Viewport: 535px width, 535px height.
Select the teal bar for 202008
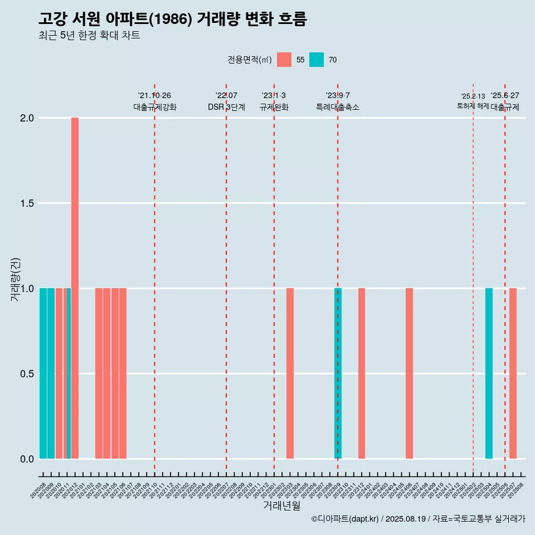point(43,373)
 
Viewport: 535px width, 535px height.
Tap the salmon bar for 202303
point(290,373)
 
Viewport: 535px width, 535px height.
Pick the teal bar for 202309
point(338,373)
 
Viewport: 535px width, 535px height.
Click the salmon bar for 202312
point(362,373)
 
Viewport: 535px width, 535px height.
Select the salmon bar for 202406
point(409,373)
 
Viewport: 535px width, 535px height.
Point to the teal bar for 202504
point(489,373)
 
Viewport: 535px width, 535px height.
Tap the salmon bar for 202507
point(513,373)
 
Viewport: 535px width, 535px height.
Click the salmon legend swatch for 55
point(284,60)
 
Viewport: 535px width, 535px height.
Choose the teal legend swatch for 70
point(317,60)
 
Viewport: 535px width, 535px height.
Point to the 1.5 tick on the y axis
point(27,203)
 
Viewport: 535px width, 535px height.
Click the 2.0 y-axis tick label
point(27,118)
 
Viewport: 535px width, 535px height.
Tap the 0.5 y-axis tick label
point(27,374)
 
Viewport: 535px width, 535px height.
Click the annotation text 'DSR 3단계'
point(226,108)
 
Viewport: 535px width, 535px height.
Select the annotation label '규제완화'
point(274,108)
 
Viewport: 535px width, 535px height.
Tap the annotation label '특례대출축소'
point(338,108)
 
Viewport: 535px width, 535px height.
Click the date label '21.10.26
point(154,96)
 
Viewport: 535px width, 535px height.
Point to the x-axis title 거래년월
point(281,505)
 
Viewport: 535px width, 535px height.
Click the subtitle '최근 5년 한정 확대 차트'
point(89,36)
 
